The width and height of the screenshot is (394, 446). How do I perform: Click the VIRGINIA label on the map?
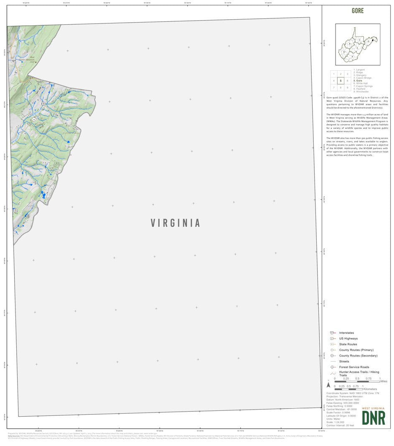[x=175, y=223]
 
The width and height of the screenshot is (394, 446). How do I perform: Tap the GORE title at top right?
[x=358, y=11]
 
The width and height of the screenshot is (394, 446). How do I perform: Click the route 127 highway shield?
[x=13, y=61]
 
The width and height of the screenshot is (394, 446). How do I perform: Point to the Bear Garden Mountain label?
[x=30, y=59]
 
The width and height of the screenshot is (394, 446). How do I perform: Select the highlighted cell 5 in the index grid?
[x=341, y=81]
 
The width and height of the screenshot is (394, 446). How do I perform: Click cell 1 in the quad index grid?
[x=334, y=74]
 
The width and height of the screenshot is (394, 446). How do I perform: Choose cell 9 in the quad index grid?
[x=347, y=87]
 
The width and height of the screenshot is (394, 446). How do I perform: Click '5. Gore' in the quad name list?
[x=358, y=81]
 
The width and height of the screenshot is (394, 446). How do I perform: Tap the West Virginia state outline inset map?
[x=358, y=44]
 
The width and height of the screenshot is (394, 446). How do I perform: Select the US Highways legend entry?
[x=348, y=338]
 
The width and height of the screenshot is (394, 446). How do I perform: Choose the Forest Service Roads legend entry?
[x=354, y=367]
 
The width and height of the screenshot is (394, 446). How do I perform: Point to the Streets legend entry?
[x=344, y=361]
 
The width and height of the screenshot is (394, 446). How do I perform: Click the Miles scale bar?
[x=357, y=381]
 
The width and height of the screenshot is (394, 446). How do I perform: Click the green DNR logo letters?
[x=374, y=418]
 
